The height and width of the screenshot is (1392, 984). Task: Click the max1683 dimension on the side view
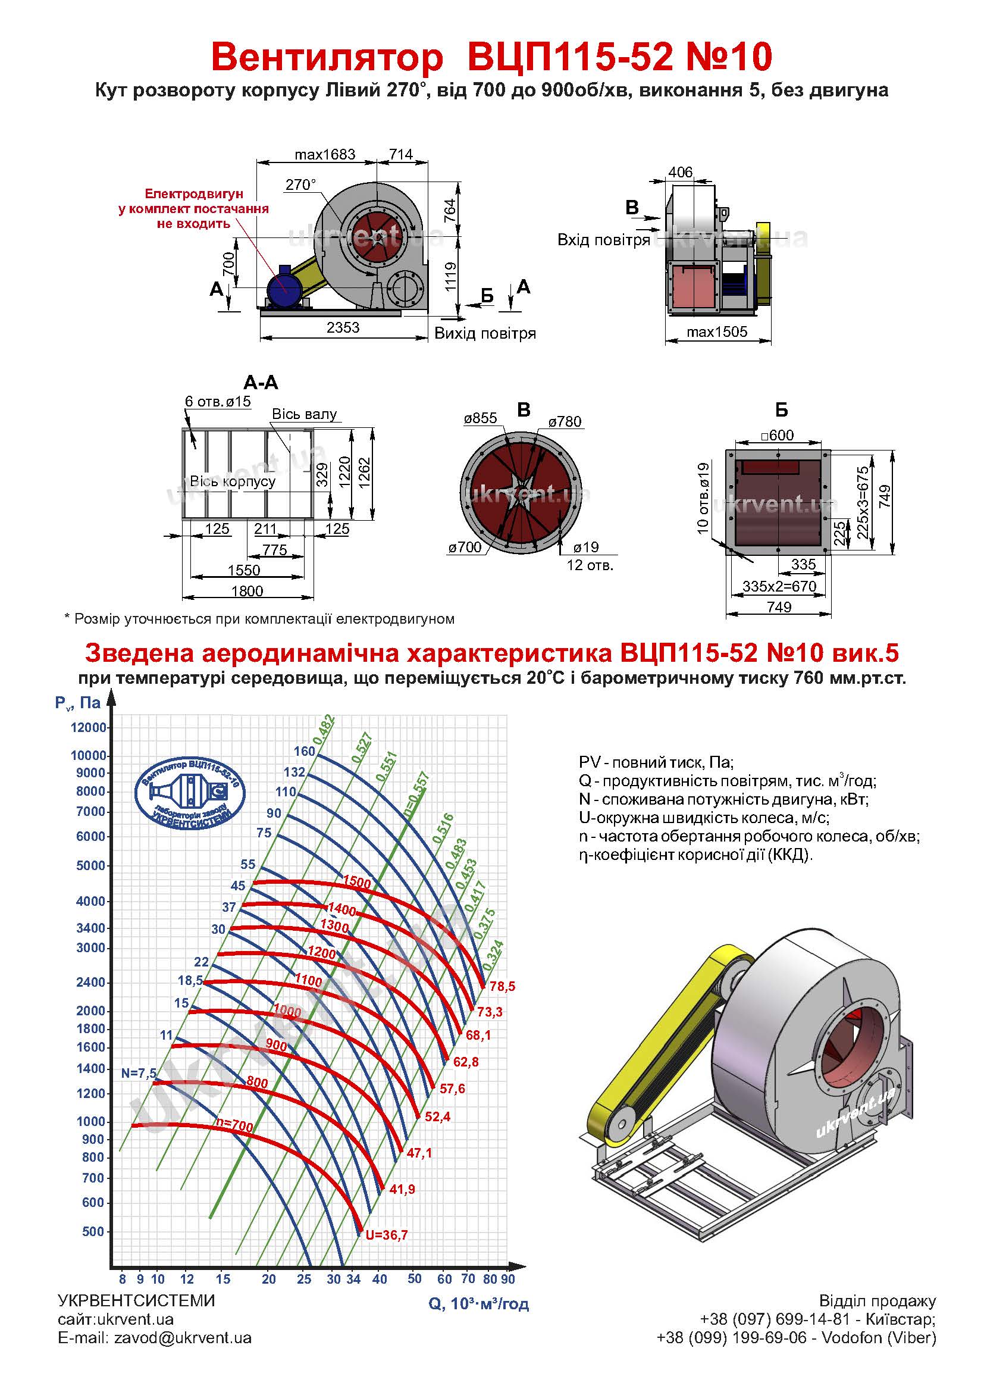[325, 155]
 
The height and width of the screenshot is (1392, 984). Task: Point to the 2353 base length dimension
[343, 327]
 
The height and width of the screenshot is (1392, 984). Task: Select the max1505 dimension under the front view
[717, 331]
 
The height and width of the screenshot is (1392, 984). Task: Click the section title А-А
[261, 383]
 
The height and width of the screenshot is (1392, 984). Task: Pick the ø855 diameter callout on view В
[481, 418]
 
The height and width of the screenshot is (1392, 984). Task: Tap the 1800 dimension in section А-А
[247, 591]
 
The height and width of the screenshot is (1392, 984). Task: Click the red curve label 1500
[357, 883]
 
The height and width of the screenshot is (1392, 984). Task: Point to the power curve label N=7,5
[139, 1073]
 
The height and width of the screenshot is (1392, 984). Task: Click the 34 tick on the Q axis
[353, 1280]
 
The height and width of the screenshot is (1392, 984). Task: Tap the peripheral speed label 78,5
[502, 986]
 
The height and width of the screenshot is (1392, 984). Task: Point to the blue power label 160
[304, 751]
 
